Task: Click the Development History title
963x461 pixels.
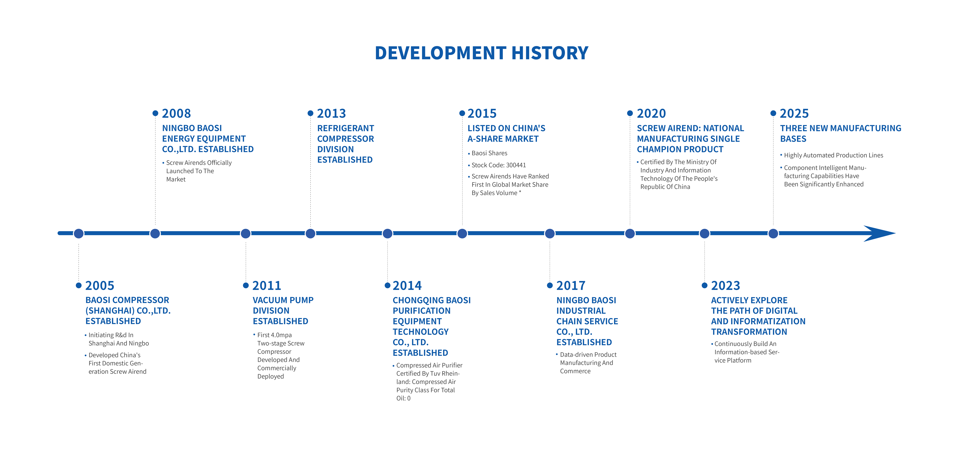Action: (x=481, y=53)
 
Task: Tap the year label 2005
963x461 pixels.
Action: (x=100, y=286)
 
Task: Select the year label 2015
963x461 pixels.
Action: (x=482, y=114)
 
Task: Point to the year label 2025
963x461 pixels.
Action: (x=794, y=114)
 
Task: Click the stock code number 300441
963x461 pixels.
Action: (x=516, y=165)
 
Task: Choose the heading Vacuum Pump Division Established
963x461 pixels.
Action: (x=283, y=311)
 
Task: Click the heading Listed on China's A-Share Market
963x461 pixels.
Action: (x=506, y=133)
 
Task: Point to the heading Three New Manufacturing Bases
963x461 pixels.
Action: (x=840, y=133)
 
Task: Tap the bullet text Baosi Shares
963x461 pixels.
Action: (x=489, y=153)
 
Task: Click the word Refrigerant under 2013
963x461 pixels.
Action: (x=345, y=128)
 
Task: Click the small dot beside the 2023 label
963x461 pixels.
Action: (x=705, y=286)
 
